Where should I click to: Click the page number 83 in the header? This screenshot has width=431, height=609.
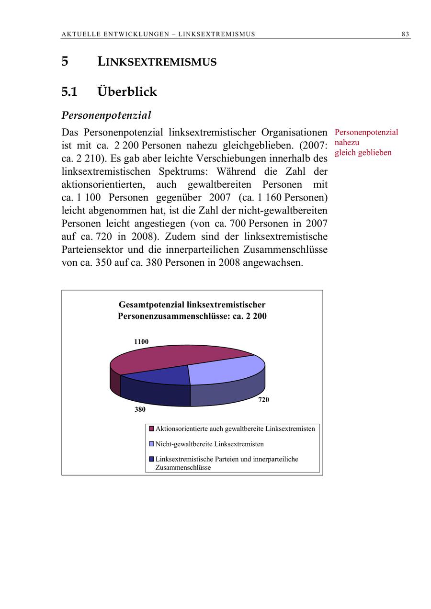[405, 34]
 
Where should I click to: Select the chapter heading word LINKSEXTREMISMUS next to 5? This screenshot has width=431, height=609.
[157, 62]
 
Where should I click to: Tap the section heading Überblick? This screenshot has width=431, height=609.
[127, 91]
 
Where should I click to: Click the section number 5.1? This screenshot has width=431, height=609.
[69, 91]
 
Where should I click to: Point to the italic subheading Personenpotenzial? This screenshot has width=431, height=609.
[106, 115]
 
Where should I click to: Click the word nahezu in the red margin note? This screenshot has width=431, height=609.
[347, 142]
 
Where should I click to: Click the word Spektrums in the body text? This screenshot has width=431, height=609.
[183, 171]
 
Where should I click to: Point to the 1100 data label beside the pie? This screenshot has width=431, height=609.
[141, 342]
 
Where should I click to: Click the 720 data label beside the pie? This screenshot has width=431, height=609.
[263, 400]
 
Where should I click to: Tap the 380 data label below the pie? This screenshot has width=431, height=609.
[139, 410]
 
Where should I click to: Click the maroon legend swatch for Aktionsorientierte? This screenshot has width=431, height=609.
[152, 429]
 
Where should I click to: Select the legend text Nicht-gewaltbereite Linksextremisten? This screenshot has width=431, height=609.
[209, 444]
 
